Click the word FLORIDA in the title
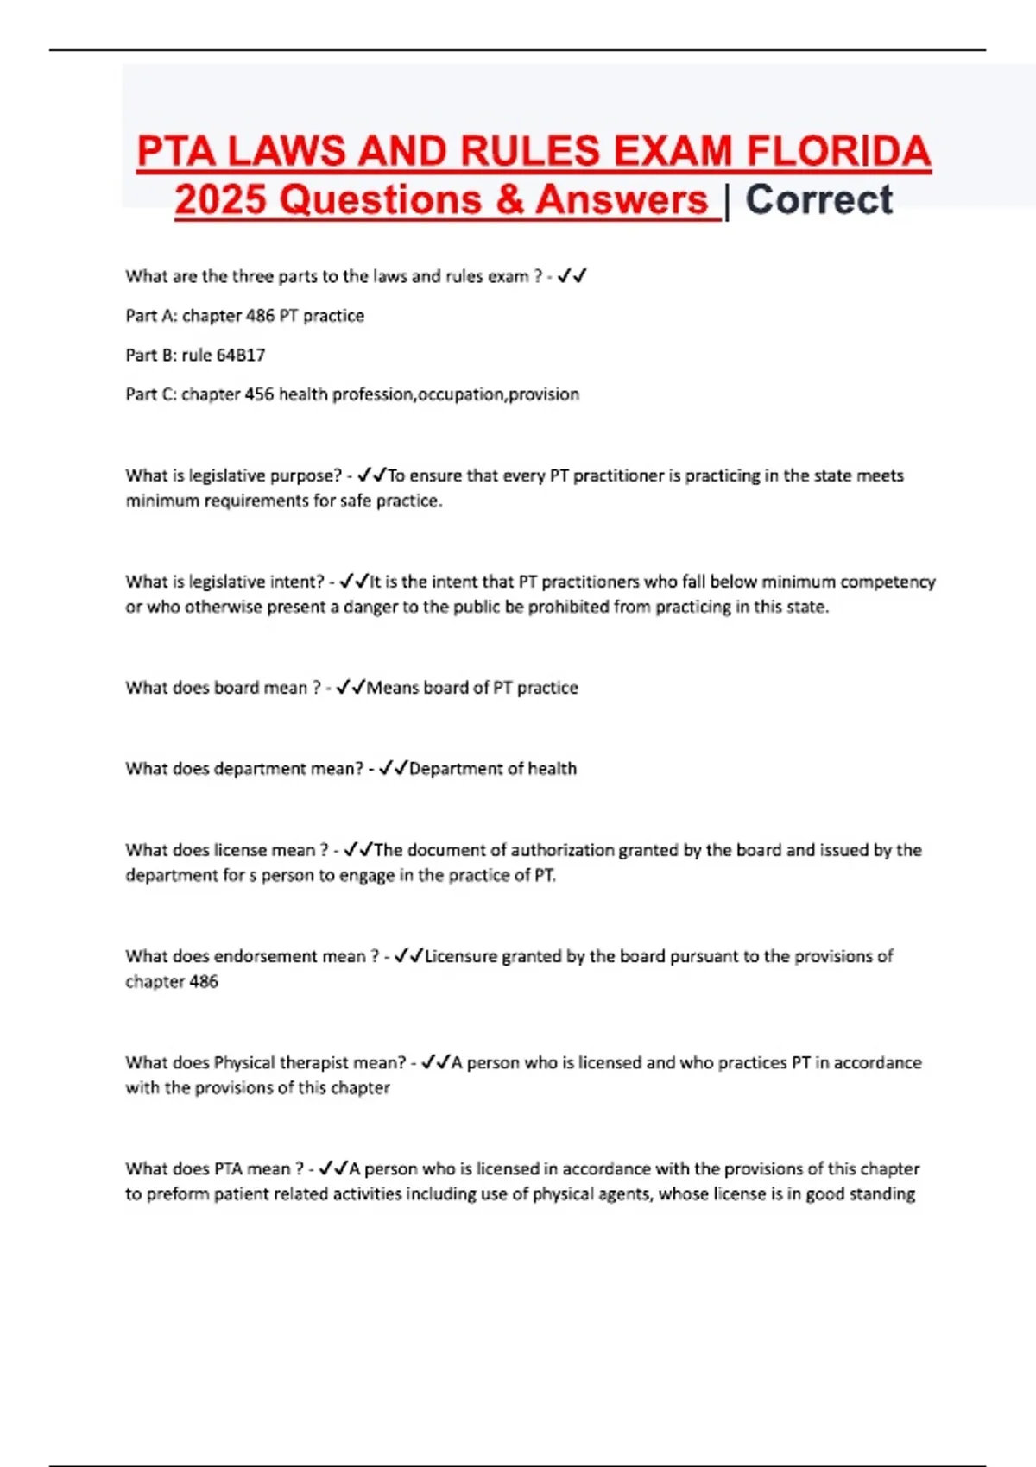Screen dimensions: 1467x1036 (x=837, y=152)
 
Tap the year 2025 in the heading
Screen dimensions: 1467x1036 (x=220, y=200)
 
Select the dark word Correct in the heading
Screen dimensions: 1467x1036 (x=818, y=200)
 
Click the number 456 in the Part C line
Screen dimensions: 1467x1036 (x=259, y=394)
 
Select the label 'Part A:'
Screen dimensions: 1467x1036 (x=150, y=316)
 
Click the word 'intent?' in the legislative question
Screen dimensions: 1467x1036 (x=297, y=582)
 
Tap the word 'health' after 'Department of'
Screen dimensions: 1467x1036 (x=552, y=769)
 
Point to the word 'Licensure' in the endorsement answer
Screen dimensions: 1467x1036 (x=460, y=956)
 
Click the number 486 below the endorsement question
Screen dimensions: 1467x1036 (x=204, y=981)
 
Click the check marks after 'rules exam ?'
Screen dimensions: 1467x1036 (x=572, y=276)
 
